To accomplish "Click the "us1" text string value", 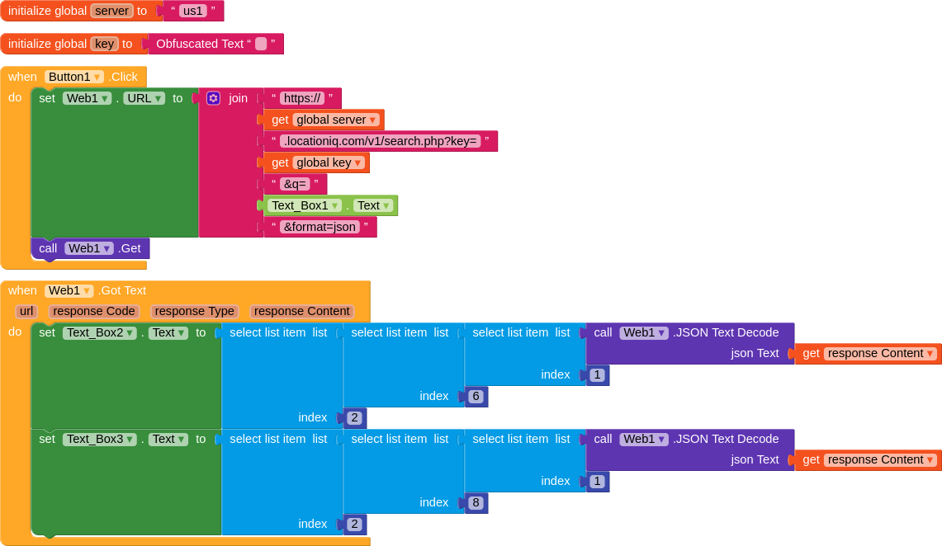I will (192, 11).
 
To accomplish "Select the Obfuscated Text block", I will (200, 44).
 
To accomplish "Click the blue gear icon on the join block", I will (213, 98).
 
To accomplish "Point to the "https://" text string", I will (301, 98).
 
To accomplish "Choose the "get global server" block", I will (324, 120).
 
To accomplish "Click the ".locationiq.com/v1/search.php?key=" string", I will (380, 141).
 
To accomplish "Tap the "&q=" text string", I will (295, 184).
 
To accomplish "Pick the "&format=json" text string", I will (320, 227).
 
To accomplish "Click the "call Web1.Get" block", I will (90, 248).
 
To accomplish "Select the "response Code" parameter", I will (93, 312).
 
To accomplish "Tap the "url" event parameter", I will (26, 312).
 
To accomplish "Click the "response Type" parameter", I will (195, 312).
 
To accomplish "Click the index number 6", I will (476, 397).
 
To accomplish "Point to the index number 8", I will (476, 503).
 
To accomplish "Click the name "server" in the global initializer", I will (111, 11).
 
